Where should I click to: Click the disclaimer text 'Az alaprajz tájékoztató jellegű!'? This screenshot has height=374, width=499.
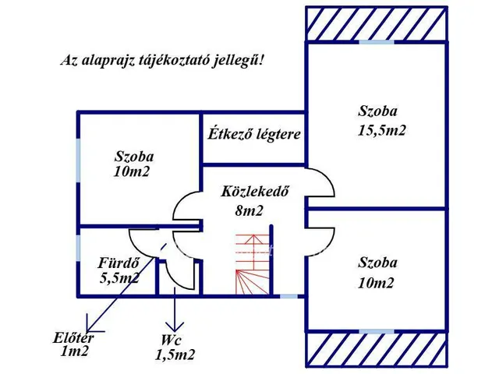click(x=162, y=61)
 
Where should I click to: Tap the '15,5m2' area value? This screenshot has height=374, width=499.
click(x=381, y=130)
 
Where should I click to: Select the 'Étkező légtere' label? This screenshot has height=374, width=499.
click(x=253, y=134)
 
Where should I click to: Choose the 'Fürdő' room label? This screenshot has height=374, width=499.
click(x=119, y=262)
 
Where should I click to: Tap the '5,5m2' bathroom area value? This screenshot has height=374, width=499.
click(x=119, y=277)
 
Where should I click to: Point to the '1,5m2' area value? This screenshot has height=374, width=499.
click(x=175, y=355)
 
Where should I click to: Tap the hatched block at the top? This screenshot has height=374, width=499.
click(x=376, y=23)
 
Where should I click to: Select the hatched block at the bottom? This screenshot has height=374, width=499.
click(x=376, y=349)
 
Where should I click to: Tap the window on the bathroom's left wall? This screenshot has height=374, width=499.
click(x=78, y=247)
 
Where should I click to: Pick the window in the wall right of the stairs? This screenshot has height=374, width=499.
click(x=288, y=296)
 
